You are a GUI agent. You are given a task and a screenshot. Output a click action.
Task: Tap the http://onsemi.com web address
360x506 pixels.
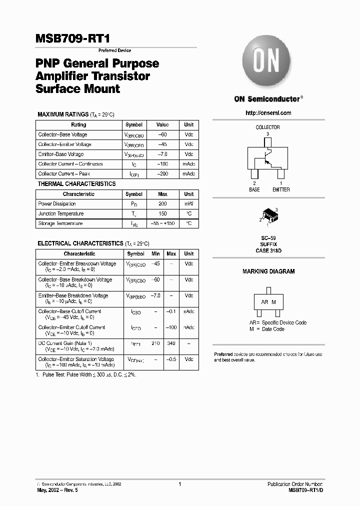tap(268, 113)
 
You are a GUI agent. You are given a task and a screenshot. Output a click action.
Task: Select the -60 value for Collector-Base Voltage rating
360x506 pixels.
tap(162, 134)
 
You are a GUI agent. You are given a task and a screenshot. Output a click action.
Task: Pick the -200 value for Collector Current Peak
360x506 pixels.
tap(162, 174)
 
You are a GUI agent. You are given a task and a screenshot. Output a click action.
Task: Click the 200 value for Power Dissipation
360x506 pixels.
tap(162, 204)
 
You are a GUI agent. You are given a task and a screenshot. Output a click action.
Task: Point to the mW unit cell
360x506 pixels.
tap(188, 204)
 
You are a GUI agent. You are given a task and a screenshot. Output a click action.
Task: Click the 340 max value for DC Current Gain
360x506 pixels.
tap(171, 343)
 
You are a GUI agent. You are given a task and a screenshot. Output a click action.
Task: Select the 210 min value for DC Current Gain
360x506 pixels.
tap(155, 343)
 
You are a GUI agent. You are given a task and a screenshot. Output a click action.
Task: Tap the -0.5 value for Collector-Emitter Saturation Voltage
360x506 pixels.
tap(171, 359)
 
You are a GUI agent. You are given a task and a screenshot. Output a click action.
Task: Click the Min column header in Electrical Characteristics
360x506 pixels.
tap(155, 254)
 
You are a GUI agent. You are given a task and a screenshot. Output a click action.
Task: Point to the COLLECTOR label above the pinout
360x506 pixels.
tap(268, 127)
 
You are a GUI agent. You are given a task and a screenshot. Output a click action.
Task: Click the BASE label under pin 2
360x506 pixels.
tap(254, 190)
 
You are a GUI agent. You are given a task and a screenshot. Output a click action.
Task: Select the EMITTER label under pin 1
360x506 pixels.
tap(281, 190)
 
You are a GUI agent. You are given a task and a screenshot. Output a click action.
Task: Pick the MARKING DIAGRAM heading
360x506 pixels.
tap(268, 271)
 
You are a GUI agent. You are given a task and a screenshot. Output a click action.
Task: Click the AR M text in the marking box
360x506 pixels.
tap(268, 302)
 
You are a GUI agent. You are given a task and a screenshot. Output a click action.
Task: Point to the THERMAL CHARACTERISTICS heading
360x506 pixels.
tap(76, 184)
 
